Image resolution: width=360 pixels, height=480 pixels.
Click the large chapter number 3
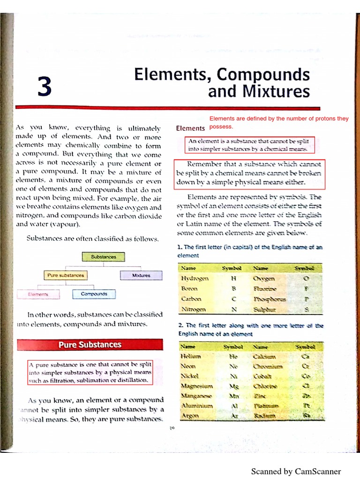click(x=45, y=87)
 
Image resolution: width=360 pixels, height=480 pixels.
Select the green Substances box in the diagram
click(x=104, y=256)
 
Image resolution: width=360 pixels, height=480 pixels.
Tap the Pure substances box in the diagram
click(x=66, y=275)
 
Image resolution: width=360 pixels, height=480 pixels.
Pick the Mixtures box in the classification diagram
click(x=141, y=275)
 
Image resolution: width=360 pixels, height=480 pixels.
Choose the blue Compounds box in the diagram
click(x=94, y=294)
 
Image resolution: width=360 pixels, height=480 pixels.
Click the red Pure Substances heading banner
click(x=90, y=345)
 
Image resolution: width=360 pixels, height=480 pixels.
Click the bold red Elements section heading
click(x=190, y=128)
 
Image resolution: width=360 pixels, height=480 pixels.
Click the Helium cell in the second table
click(x=190, y=356)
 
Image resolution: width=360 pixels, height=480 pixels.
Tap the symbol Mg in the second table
click(x=233, y=386)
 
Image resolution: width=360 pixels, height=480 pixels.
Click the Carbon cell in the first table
click(x=191, y=299)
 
